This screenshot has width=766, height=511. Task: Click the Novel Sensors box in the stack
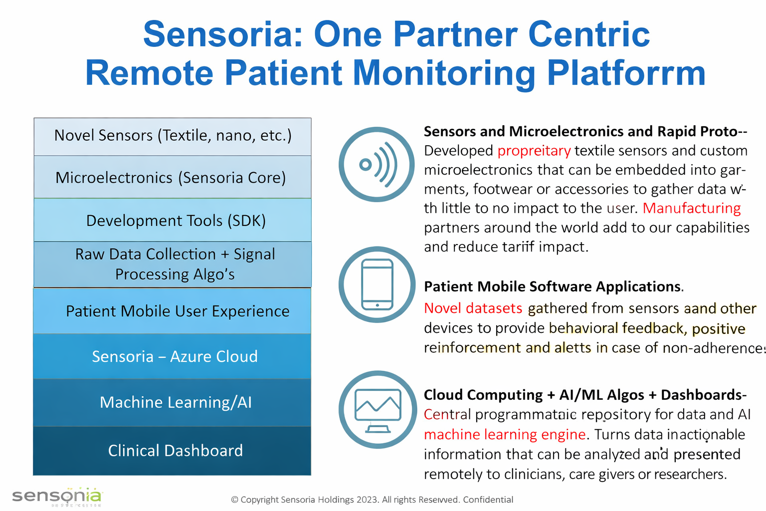pos(173,136)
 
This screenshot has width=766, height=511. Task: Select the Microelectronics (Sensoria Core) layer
pos(173,178)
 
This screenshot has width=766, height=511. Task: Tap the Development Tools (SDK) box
pos(173,220)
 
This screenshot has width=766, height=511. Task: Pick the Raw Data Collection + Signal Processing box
pos(173,264)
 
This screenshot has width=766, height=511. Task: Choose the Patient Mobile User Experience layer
pos(173,311)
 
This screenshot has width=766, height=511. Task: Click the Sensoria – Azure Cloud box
pos(173,356)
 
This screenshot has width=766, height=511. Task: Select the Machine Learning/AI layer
pos(173,402)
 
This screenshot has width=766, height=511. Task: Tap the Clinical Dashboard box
pos(173,451)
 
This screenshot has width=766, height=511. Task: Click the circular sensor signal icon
pos(377,165)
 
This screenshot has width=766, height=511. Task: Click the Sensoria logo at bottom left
pos(57,497)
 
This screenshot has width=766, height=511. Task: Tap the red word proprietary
pos(534,151)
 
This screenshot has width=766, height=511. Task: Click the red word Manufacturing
pos(692,208)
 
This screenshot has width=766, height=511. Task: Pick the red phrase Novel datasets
pos(473,308)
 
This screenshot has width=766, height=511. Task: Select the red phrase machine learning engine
pos(504,435)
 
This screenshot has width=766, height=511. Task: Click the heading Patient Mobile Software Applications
pos(553,286)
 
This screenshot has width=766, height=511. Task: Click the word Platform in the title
pos(626,73)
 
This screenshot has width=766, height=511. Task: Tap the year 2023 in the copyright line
pos(367,500)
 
